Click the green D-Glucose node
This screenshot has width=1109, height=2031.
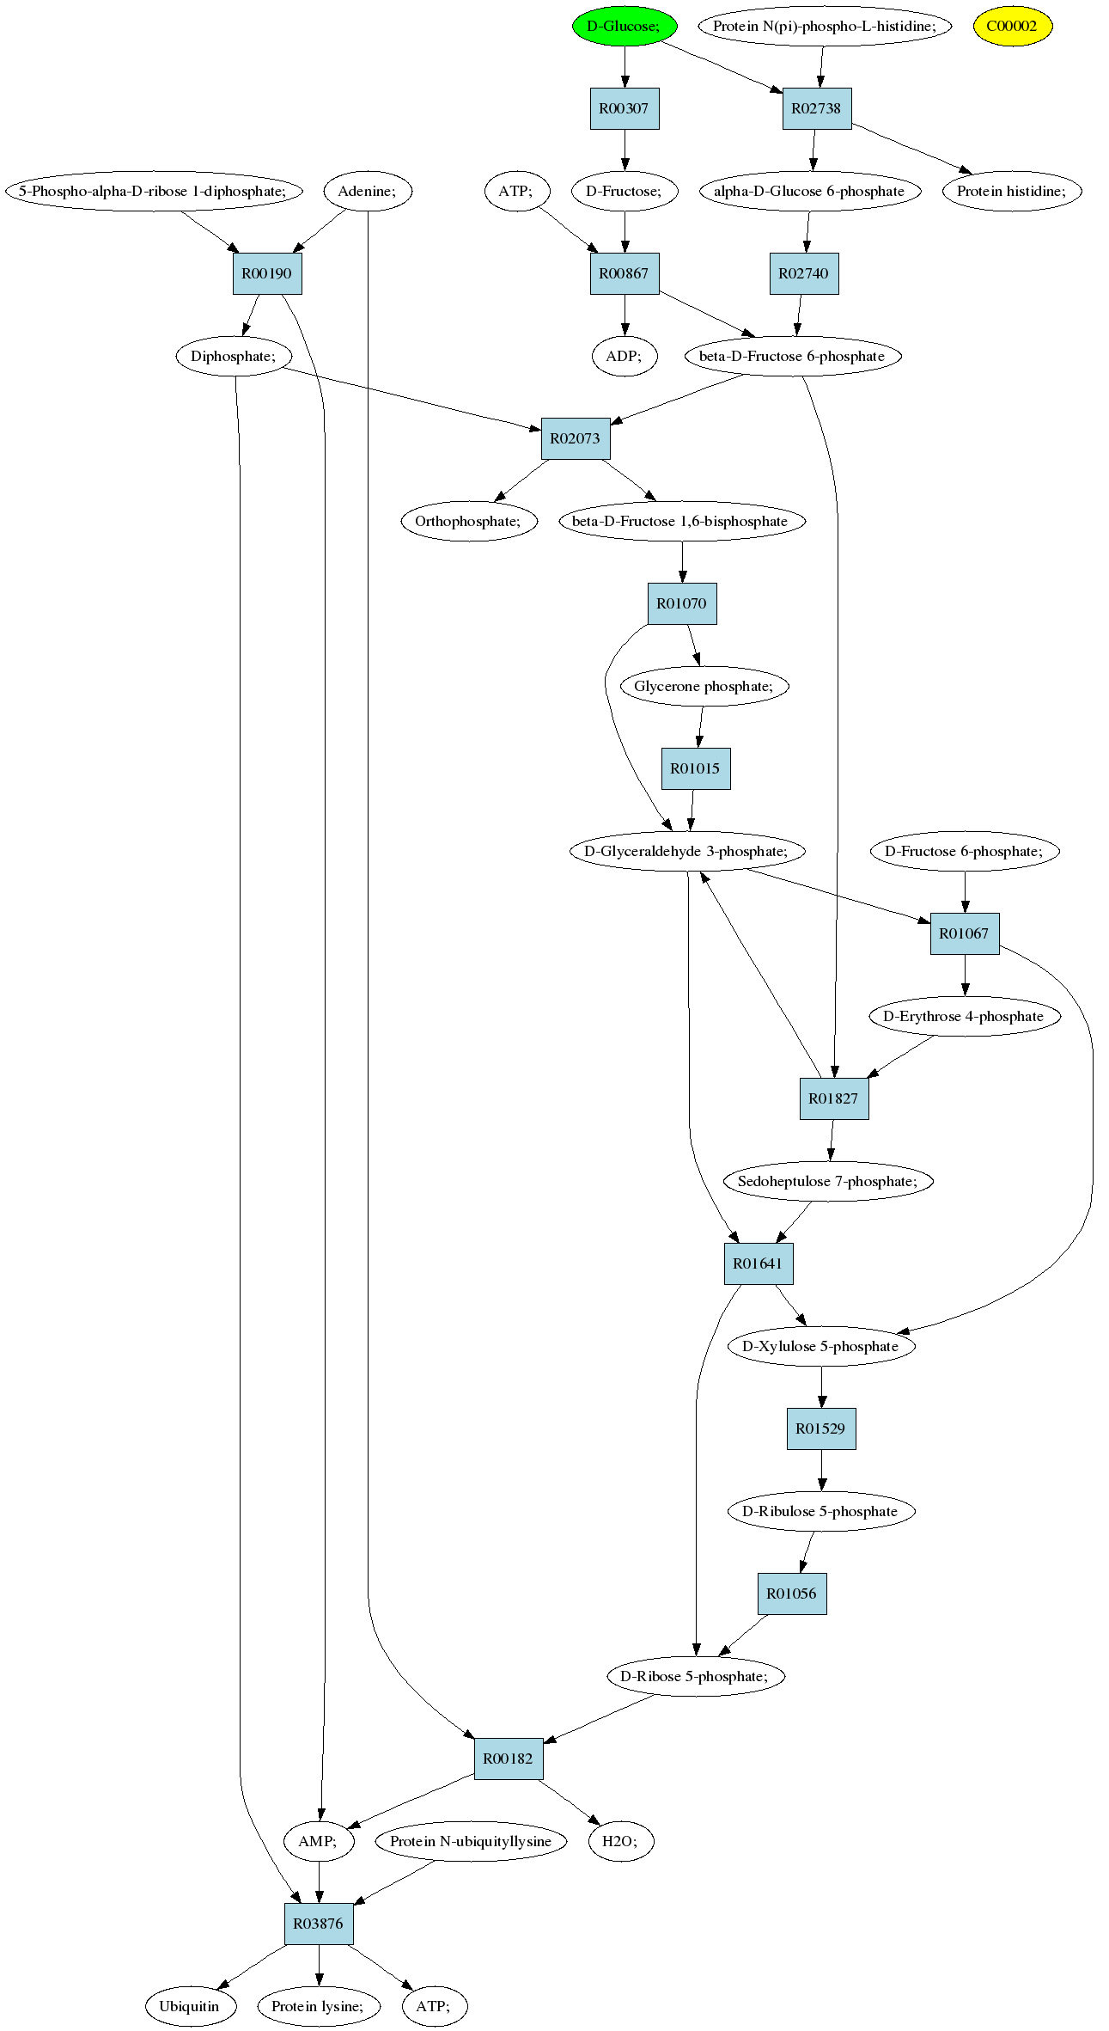(625, 26)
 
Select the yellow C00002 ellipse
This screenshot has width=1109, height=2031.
(1012, 26)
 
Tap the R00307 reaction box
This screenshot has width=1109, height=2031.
(625, 108)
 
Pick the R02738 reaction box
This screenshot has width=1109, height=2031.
(817, 108)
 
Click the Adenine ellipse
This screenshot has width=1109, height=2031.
(368, 191)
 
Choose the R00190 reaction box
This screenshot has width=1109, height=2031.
(267, 273)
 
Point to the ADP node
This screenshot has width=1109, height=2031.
(625, 356)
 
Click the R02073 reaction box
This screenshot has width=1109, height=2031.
(576, 438)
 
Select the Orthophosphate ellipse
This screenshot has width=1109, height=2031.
(469, 521)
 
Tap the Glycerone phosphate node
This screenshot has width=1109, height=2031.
(704, 686)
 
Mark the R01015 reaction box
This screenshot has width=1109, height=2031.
(696, 768)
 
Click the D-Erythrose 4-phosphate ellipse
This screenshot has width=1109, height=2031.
(965, 1016)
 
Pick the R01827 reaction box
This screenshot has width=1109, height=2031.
(834, 1098)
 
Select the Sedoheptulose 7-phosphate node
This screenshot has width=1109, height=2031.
(827, 1181)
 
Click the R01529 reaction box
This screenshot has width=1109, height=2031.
(821, 1428)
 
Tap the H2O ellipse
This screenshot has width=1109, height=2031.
(621, 1841)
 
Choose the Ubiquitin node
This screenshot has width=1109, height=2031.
(190, 2006)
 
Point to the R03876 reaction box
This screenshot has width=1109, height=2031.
(319, 1924)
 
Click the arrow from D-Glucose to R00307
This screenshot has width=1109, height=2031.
(625, 67)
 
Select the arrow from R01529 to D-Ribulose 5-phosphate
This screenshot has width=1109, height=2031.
(821, 1470)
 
